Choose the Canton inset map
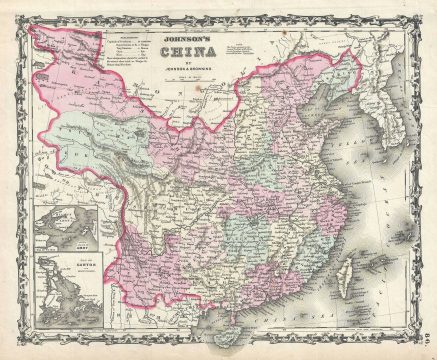click(x=65, y=289)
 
